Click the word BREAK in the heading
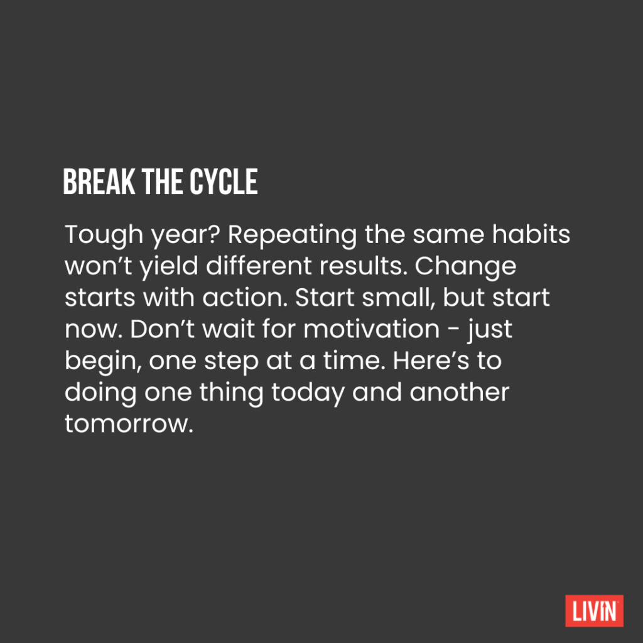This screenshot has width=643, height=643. (99, 181)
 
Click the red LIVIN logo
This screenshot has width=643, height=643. (594, 610)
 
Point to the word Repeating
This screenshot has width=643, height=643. (293, 235)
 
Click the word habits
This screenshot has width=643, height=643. (531, 234)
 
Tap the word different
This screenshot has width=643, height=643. (259, 266)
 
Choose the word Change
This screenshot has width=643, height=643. (465, 267)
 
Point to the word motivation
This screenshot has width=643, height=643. (372, 329)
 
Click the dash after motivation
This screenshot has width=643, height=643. (453, 330)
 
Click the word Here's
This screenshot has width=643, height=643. (431, 360)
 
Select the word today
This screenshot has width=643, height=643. (308, 393)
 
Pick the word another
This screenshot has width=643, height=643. (459, 392)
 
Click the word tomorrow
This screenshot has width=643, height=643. (129, 424)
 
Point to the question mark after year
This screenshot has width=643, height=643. (214, 234)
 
